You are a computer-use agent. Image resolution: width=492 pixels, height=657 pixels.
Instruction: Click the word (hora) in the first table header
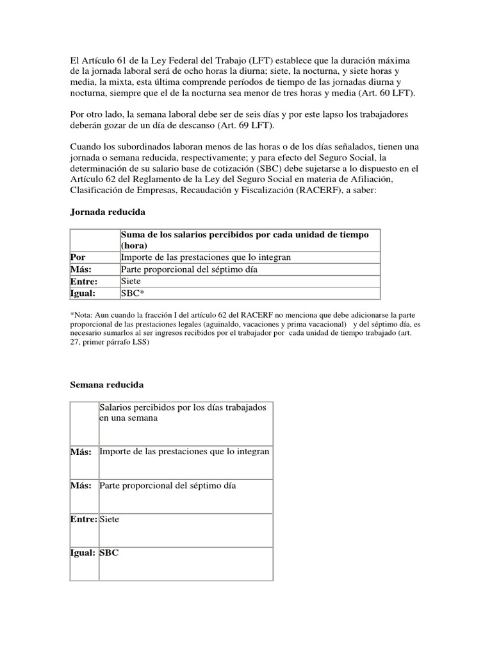tap(134, 246)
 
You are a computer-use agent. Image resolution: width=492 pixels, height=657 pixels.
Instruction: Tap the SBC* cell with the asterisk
tap(133, 293)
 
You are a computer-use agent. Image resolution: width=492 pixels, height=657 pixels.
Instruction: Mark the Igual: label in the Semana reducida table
tap(83, 552)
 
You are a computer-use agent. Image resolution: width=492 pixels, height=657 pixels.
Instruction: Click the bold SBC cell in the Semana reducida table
tap(110, 552)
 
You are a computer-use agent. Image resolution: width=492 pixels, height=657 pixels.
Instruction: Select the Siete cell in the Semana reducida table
tap(110, 519)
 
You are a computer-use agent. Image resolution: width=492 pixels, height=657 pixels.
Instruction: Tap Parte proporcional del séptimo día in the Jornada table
tap(189, 269)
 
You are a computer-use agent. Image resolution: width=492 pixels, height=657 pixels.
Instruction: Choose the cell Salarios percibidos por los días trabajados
tap(183, 413)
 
